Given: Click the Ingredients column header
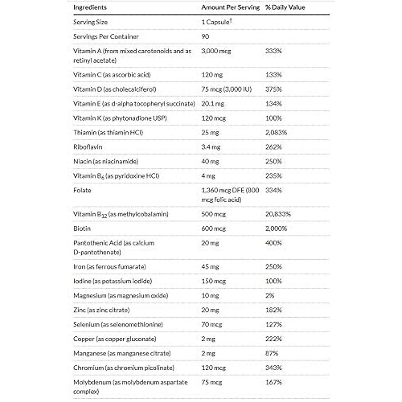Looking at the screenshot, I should pos(90,7).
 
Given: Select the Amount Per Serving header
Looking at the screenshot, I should pos(230,7).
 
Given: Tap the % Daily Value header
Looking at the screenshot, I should pos(285,7).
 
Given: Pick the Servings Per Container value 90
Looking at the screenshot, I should pos(205,37).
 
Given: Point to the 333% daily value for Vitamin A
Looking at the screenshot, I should pos(273,51).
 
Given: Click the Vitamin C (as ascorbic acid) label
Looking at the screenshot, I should pos(112,75).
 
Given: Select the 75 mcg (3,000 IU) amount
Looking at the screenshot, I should pos(226,89).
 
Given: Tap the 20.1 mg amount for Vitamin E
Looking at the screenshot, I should pos(213,104).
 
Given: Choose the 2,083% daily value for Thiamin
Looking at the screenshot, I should pos(276,133).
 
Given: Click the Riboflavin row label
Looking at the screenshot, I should pos(88,147).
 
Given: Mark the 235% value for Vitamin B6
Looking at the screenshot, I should pos(273,176).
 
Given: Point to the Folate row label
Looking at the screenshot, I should pos(82,190).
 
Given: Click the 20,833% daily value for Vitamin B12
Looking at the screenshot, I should pos(278,214).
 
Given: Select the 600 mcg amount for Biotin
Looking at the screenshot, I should pos(213,228).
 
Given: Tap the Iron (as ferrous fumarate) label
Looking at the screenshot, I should pos(110,267).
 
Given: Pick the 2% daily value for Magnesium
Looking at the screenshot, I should pos(270,295).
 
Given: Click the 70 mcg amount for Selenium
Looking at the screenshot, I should pos(212,324).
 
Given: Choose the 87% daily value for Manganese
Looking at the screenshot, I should pos(271,353).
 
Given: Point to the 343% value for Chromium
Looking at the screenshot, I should pos(273,367).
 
